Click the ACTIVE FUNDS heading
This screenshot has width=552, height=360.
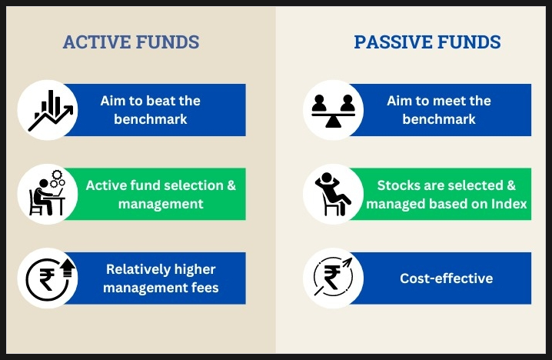(131, 42)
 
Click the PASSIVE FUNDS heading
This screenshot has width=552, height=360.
(427, 42)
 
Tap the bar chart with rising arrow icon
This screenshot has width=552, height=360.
(50, 110)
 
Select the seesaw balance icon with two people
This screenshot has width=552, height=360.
(333, 111)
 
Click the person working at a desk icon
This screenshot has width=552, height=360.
(47, 193)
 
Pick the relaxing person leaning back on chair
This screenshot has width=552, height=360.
(333, 194)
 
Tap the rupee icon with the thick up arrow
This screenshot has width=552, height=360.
(50, 278)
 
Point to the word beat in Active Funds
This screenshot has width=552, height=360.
(162, 101)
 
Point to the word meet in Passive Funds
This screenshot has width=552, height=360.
(451, 101)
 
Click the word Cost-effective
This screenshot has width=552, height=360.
(447, 278)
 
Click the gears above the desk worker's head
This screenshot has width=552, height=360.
(58, 178)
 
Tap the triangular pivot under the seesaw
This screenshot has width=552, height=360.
(333, 122)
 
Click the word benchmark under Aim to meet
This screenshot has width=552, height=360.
(439, 119)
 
